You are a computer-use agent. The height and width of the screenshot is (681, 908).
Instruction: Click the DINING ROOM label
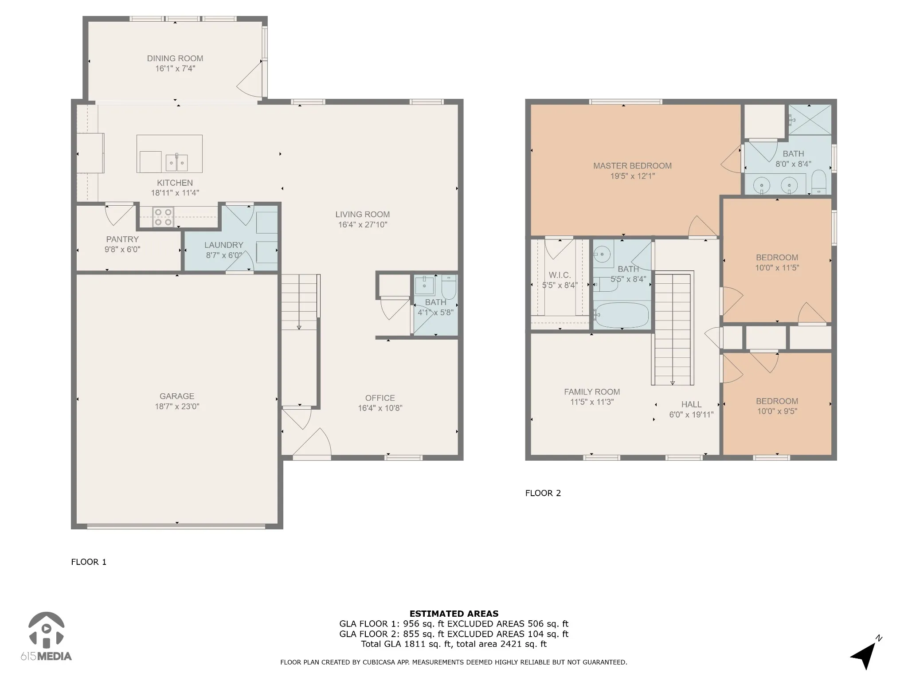(175, 59)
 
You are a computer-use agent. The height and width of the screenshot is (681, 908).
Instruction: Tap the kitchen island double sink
(177, 163)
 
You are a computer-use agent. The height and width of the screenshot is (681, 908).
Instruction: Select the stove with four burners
(163, 217)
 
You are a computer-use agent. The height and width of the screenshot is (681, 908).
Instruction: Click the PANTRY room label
(122, 239)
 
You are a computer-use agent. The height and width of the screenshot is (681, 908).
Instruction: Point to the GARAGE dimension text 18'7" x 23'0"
(177, 407)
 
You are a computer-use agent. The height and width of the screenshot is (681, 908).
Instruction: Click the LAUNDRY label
(224, 245)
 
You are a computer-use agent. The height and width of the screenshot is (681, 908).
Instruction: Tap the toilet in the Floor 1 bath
(449, 287)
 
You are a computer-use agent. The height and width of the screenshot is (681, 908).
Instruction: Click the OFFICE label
(380, 398)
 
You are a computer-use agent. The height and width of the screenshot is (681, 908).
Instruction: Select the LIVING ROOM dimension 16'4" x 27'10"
(363, 225)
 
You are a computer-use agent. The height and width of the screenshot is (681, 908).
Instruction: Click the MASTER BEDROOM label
(633, 166)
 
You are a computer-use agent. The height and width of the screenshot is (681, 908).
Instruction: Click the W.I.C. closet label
(560, 275)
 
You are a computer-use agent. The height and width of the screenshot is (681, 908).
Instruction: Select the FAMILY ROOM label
(592, 392)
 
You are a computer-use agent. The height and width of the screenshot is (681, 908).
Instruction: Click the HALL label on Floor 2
(692, 404)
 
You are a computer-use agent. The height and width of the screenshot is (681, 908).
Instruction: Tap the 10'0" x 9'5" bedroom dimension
(777, 411)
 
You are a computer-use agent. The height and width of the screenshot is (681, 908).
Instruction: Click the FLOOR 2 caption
(543, 493)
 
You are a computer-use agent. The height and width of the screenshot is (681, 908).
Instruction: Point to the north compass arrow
(864, 656)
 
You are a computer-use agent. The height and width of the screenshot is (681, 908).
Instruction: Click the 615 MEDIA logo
(46, 634)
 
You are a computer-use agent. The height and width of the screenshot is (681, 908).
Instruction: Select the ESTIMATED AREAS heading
(454, 614)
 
